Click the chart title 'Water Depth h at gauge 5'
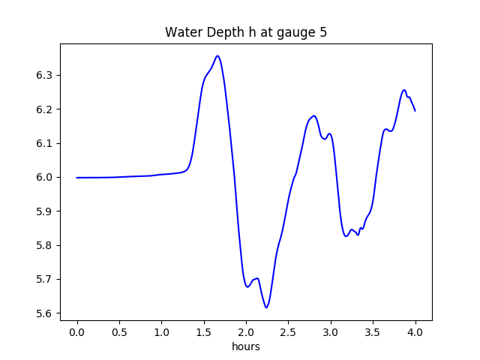click(246, 32)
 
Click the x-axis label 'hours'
click(246, 347)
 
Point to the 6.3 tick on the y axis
click(46, 75)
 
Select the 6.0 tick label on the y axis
click(46, 177)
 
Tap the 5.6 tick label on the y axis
click(46, 313)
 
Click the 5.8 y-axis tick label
click(46, 245)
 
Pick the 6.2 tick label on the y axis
click(46, 109)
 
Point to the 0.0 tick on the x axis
click(77, 331)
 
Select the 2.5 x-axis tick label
click(288, 331)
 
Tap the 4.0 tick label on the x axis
click(415, 331)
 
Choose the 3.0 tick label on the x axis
click(331, 331)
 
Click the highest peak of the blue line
click(217, 55)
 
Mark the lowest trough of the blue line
click(266, 307)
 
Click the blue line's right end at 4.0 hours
click(415, 111)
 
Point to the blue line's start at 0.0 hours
click(77, 178)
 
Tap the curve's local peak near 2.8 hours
click(313, 115)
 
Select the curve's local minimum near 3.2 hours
click(346, 236)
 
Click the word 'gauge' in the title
click(287, 33)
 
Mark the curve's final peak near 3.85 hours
click(404, 90)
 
